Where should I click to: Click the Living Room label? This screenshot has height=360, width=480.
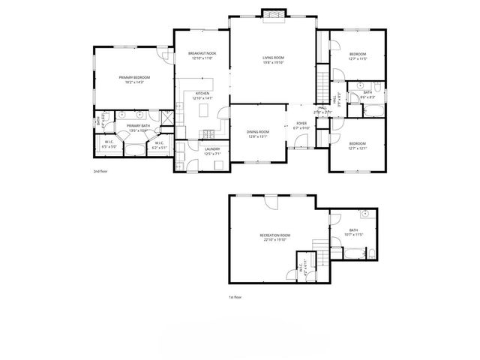point(272,58)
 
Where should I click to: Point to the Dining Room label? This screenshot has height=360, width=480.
point(257,131)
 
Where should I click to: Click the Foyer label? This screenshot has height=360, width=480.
point(301,124)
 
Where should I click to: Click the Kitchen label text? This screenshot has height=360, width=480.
point(202,94)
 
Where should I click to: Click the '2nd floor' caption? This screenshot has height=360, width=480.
point(100,171)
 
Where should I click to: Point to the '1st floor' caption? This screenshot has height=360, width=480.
point(235,297)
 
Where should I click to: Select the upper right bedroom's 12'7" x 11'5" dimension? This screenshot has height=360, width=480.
point(358,58)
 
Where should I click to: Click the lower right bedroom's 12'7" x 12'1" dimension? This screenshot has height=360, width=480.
point(358,147)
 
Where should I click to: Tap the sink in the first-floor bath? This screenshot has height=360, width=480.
point(361,214)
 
